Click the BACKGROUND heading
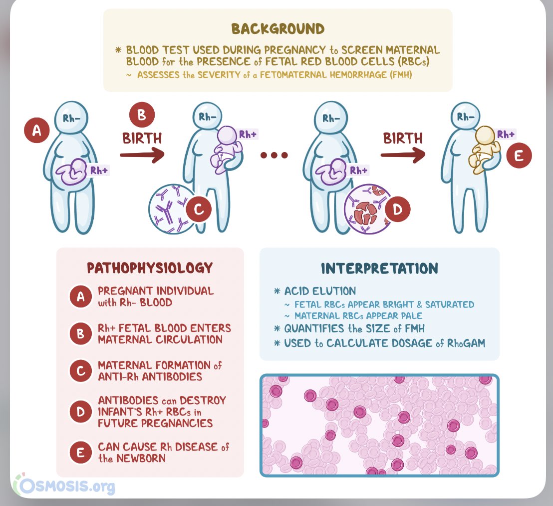pos(277,28)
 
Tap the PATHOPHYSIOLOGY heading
pos(150,268)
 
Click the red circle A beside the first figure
pos(36,131)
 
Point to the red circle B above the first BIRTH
pos(142,114)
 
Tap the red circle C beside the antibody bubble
pos(198,210)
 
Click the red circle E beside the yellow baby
pos(519,156)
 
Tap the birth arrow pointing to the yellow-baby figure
pos(402,155)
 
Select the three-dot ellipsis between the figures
pos(274,155)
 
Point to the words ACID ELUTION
pos(320,291)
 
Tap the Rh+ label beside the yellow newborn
pos(506,134)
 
